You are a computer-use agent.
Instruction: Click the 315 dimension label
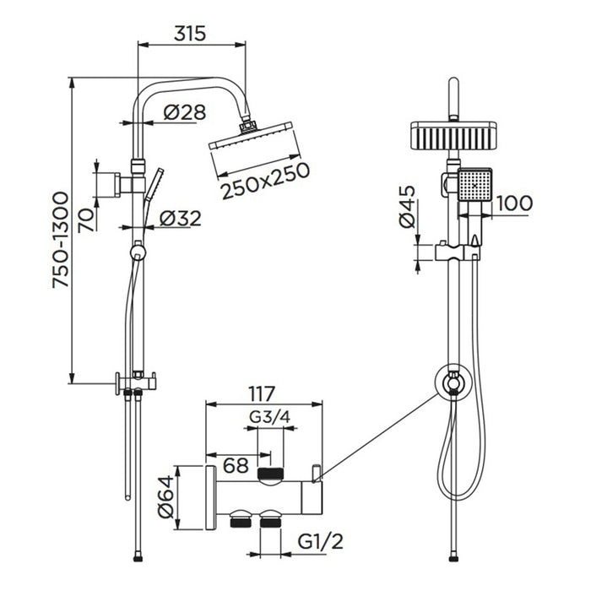[x=190, y=33]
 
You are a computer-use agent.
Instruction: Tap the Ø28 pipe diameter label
[x=185, y=112]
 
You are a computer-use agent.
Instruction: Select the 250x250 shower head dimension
[x=265, y=181]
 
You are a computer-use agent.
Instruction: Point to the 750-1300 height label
[x=60, y=240]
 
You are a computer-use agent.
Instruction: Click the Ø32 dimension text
[x=181, y=218]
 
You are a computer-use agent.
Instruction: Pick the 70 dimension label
[x=86, y=220]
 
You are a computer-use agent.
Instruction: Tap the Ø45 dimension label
[x=408, y=207]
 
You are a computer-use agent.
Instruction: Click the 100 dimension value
[x=513, y=203]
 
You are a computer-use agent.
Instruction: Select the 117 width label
[x=262, y=394]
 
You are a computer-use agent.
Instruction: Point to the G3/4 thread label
[x=270, y=417]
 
